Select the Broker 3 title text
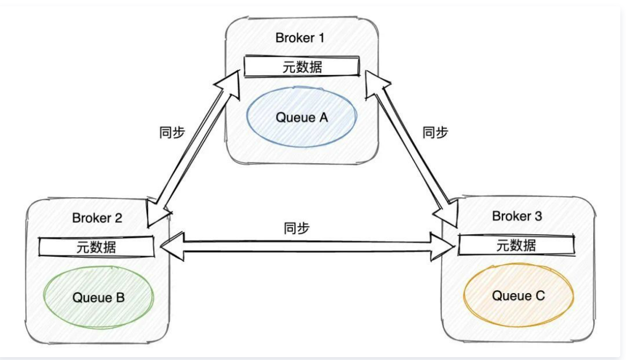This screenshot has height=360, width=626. tap(517, 216)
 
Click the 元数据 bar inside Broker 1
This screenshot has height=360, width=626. tap(301, 67)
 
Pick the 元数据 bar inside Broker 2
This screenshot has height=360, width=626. tap(97, 247)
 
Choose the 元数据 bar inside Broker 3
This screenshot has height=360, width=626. tap(515, 245)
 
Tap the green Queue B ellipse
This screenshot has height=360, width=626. tap(99, 297)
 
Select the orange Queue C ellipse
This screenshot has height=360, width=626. tap(519, 295)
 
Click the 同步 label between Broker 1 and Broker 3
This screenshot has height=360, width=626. tap(435, 132)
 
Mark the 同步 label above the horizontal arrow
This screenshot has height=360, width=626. tap(297, 228)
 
